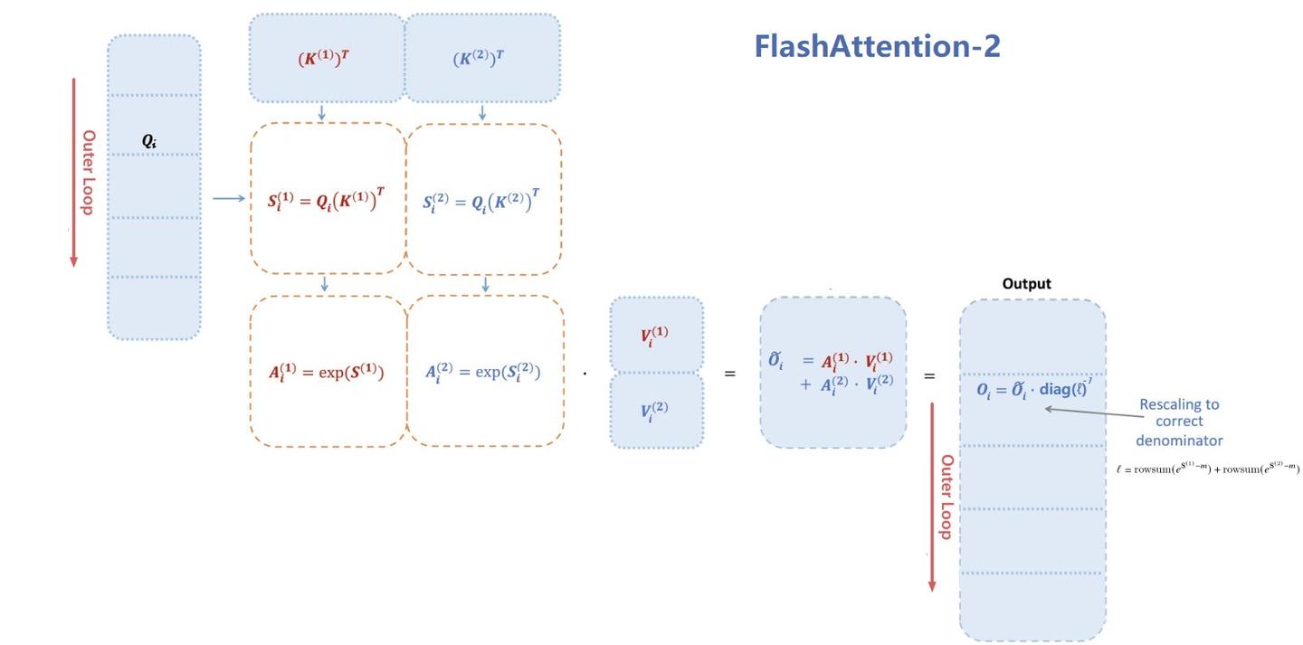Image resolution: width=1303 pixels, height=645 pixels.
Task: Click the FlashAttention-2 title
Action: coord(877,46)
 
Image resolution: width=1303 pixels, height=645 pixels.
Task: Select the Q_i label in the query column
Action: coord(149,140)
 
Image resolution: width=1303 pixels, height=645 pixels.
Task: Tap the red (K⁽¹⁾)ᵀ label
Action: coord(324,59)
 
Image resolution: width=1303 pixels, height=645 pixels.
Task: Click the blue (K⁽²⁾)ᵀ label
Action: coord(479,59)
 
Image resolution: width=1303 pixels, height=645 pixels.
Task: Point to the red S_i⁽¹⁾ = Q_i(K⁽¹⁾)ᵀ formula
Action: coord(328,201)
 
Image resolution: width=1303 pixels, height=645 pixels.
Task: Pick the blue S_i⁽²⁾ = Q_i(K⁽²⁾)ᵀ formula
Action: coord(483,201)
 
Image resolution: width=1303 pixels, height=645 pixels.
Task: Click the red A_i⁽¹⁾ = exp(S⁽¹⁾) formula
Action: coord(327,371)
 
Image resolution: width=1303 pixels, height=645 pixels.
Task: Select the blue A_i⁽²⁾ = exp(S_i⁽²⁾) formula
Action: coord(483,371)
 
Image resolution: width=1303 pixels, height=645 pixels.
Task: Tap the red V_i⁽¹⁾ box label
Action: coord(654,337)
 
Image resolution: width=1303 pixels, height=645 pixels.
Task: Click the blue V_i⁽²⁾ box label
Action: coord(654,412)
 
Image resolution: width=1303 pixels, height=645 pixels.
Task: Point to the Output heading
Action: coord(1026,284)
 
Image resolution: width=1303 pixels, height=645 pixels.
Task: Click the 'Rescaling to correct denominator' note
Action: coord(1179,422)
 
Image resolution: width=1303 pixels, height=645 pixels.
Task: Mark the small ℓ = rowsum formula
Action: coord(1207,469)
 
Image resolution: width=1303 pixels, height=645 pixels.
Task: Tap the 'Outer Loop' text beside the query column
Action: coord(89,172)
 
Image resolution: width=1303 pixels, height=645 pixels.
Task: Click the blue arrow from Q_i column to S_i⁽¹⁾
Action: coord(229,199)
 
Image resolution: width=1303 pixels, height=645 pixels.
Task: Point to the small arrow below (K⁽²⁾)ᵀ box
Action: coord(481,113)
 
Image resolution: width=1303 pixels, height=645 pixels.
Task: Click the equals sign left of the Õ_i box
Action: coord(729,374)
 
